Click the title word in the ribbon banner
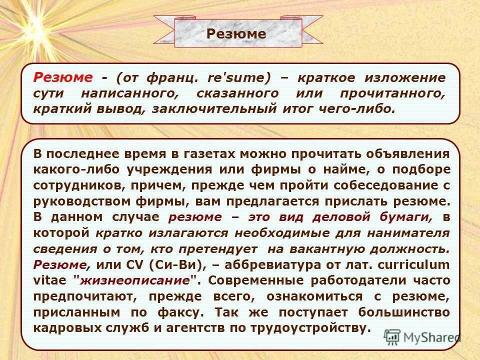(x=236, y=33)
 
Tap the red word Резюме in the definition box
(x=63, y=77)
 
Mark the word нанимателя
(x=407, y=233)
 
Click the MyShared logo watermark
(x=422, y=337)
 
